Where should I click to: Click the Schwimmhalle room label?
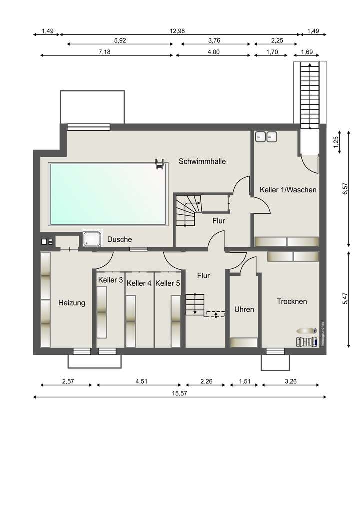pyautogui.click(x=202, y=161)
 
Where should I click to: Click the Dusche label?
pyautogui.click(x=119, y=240)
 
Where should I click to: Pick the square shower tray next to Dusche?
pyautogui.click(x=92, y=240)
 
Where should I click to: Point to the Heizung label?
pyautogui.click(x=71, y=303)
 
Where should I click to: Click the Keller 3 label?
pyautogui.click(x=110, y=280)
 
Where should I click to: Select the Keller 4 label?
pyautogui.click(x=139, y=283)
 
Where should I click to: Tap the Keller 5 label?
pyautogui.click(x=168, y=283)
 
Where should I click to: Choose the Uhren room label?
pyautogui.click(x=244, y=310)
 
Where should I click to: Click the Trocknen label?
pyautogui.click(x=292, y=301)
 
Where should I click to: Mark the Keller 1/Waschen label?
pyautogui.click(x=288, y=190)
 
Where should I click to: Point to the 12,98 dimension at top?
pyautogui.click(x=177, y=31)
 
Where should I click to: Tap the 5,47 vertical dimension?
pyautogui.click(x=344, y=298)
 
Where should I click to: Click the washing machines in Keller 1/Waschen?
pyautogui.click(x=265, y=136)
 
